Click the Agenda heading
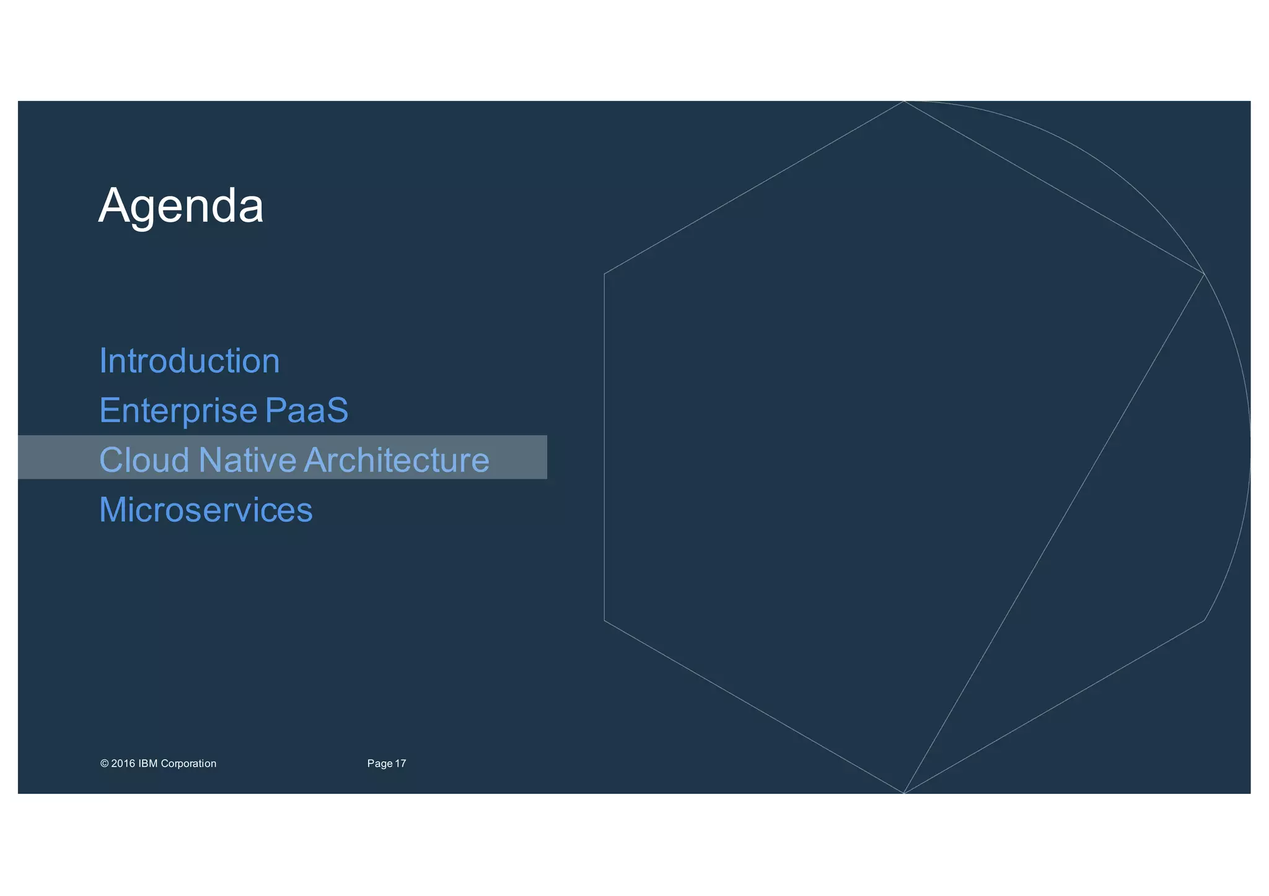(x=181, y=206)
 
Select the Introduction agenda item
(x=190, y=361)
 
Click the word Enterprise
(x=178, y=411)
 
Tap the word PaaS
(x=307, y=411)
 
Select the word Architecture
(x=397, y=460)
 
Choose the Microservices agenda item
(x=206, y=510)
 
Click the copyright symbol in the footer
(x=104, y=763)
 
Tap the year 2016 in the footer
(x=123, y=763)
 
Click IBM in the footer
(x=147, y=763)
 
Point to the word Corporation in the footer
(x=188, y=763)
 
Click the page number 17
(x=400, y=763)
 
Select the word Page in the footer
(x=380, y=763)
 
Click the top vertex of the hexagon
(x=904, y=101)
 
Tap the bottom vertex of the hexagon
(x=904, y=793)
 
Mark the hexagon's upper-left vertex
(x=604, y=273)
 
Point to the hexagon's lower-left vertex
(x=604, y=620)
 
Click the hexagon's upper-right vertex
(x=1204, y=273)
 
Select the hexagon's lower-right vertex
(x=1204, y=620)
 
